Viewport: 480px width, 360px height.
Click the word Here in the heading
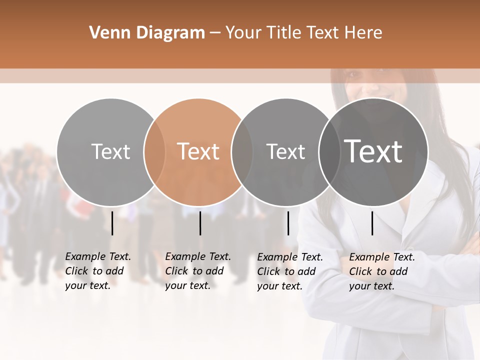tap(363, 32)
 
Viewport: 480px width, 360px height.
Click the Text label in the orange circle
tap(198, 151)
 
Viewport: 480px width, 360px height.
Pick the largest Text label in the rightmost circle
tap(373, 151)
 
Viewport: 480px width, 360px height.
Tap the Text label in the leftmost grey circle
tap(111, 151)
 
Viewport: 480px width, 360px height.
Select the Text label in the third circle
tap(285, 151)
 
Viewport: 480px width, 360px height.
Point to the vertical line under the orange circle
tap(200, 223)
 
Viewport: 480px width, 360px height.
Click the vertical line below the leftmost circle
tap(112, 223)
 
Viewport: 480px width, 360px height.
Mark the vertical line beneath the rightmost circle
tap(372, 223)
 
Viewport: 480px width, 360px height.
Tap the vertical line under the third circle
tap(288, 223)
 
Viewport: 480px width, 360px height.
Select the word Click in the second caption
tap(176, 271)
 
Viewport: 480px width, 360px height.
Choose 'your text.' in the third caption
tap(280, 286)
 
